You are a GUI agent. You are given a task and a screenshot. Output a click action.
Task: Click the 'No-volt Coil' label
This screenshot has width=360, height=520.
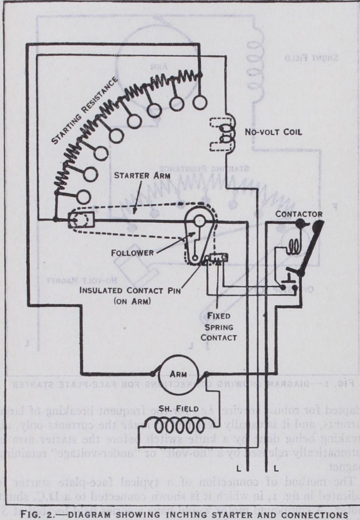pos(273,133)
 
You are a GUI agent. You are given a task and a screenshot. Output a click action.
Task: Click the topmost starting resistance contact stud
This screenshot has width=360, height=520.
pos(200,102)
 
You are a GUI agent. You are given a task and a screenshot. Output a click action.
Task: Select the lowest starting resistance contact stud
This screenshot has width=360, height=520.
pos(84,196)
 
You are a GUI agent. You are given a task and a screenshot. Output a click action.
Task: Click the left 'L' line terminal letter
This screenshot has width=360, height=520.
pos(238,470)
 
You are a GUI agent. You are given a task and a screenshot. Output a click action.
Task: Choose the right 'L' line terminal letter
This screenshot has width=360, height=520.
pos(276,470)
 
